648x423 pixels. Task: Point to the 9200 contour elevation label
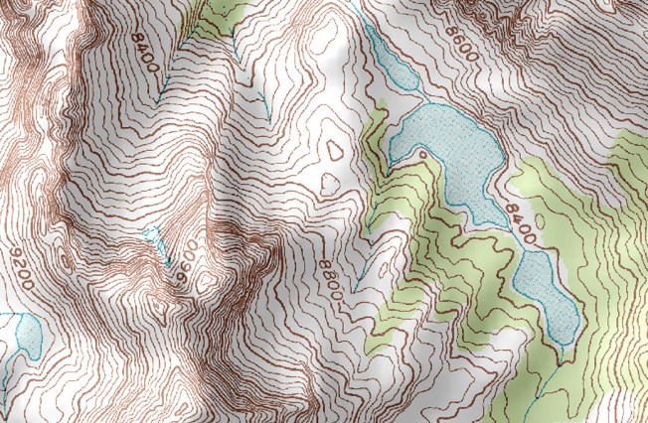click(22, 268)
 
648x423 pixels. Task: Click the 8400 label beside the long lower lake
click(518, 219)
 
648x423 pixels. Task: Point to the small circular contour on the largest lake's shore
click(424, 156)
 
